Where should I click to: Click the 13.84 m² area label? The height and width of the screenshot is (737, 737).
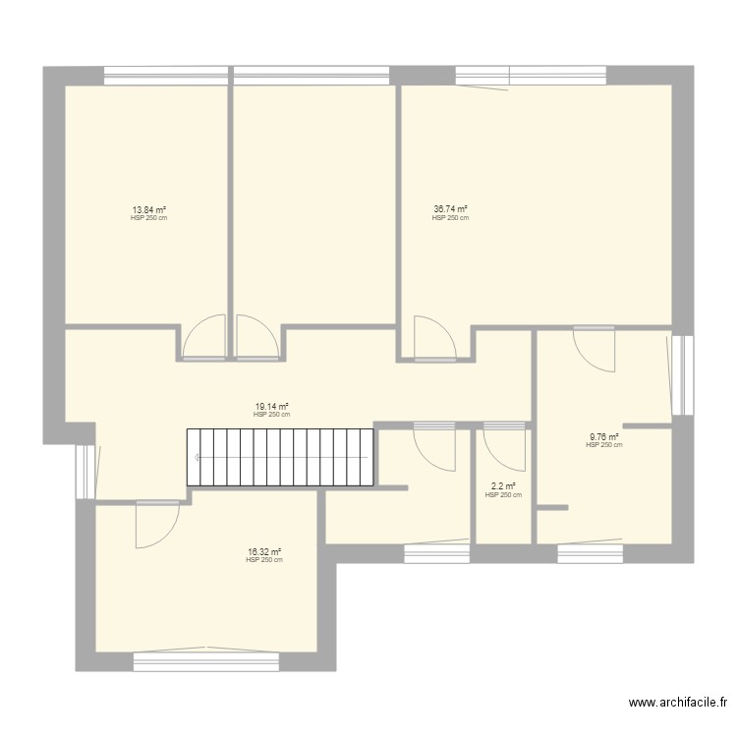tap(148, 209)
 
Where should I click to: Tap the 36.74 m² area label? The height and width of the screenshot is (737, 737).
tap(450, 208)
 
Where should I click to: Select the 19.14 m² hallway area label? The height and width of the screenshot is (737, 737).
tap(271, 407)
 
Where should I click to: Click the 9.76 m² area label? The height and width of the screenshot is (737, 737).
tap(603, 437)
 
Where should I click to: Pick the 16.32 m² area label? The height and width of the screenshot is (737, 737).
tap(264, 552)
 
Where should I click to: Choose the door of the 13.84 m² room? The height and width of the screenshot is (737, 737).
tap(204, 339)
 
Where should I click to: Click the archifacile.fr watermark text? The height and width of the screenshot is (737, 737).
tap(677, 703)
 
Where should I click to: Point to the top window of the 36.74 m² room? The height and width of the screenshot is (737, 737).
tap(531, 75)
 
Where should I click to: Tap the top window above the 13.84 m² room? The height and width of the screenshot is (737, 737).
tap(166, 75)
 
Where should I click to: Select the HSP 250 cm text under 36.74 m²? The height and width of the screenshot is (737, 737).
tap(450, 218)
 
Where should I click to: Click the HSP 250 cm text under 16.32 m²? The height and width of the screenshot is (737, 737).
tap(264, 561)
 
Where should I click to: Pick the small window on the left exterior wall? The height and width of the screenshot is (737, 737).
tap(85, 470)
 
